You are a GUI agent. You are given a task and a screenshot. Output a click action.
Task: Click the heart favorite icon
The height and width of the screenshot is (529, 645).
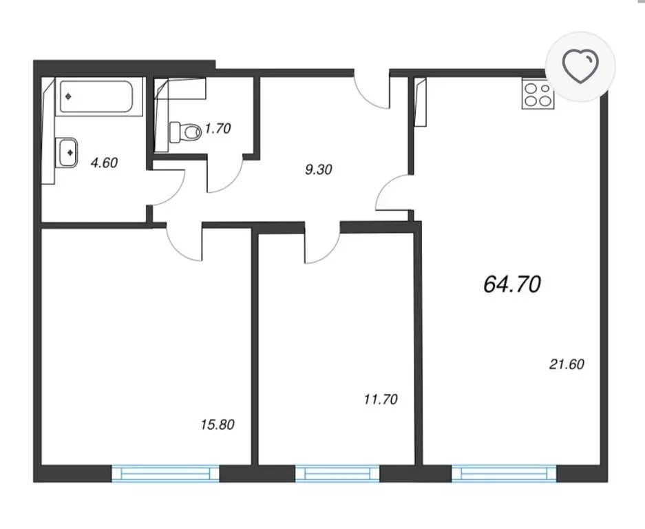580,66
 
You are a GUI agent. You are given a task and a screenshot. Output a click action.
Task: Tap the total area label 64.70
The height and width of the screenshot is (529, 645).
512,284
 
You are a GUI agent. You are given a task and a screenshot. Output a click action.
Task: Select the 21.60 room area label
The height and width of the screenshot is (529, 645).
567,364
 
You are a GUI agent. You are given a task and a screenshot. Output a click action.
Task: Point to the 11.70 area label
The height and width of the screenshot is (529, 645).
381,400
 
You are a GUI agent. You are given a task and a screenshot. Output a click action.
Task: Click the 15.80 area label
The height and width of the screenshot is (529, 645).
218,424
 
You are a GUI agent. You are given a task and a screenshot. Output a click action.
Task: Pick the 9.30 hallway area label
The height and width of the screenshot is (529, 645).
319,169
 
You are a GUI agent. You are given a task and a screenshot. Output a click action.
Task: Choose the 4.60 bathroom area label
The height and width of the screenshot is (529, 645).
104,163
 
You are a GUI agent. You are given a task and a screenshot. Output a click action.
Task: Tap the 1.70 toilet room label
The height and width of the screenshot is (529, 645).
218,128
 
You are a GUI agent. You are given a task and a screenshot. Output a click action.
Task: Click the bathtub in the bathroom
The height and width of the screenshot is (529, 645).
96,97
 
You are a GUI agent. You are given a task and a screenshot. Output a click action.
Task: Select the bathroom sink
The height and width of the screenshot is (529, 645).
67,152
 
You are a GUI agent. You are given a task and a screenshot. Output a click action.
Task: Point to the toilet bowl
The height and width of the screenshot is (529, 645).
184,132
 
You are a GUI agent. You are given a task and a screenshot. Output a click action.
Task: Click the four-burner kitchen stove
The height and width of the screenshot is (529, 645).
538,94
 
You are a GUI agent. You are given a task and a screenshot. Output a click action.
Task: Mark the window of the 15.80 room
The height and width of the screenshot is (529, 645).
165,473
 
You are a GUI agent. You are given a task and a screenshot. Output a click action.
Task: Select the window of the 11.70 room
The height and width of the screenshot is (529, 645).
337,473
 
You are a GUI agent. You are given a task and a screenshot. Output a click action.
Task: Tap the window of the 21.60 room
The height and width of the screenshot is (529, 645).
504,473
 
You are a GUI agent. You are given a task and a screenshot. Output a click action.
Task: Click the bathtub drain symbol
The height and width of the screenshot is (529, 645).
68,96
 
